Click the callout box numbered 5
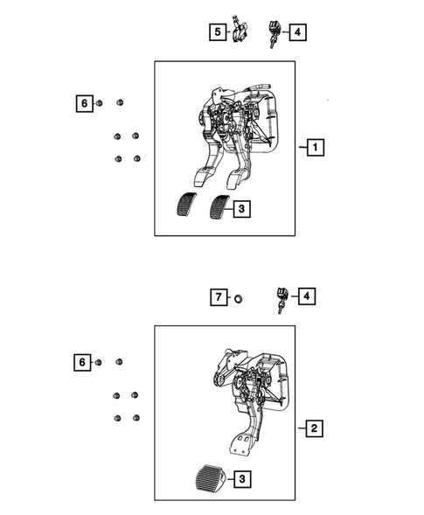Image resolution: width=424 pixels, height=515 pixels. pyautogui.click(x=216, y=33)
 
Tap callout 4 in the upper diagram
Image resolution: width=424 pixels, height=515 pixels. pyautogui.click(x=297, y=33)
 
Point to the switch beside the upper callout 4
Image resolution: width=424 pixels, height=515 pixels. pyautogui.click(x=274, y=35)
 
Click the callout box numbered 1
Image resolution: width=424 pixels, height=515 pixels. pyautogui.click(x=313, y=149)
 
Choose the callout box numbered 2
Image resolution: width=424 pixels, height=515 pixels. pyautogui.click(x=313, y=428)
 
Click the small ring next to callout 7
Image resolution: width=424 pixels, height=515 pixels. pyautogui.click(x=237, y=299)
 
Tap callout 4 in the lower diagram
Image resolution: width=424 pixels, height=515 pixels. pyautogui.click(x=308, y=297)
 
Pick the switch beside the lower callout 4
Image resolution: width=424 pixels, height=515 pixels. pyautogui.click(x=282, y=297)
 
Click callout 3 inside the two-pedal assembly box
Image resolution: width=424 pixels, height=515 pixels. pyautogui.click(x=242, y=208)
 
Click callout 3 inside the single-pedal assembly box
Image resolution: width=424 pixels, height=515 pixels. pyautogui.click(x=242, y=478)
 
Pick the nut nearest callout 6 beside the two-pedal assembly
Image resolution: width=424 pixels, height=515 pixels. pyautogui.click(x=99, y=104)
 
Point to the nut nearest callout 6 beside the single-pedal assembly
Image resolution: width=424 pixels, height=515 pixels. pyautogui.click(x=99, y=361)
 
